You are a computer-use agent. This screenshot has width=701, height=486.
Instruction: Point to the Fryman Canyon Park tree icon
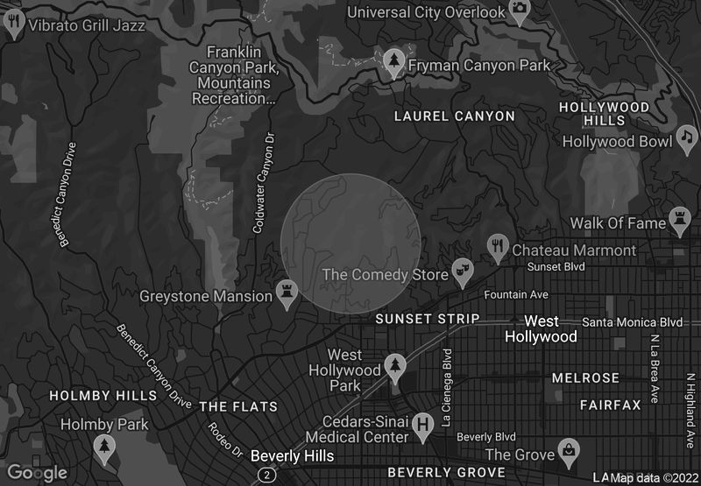(x=395, y=61)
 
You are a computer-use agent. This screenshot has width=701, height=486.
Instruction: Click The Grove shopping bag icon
(x=570, y=451)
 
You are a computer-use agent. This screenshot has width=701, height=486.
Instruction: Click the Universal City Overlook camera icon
(x=520, y=11)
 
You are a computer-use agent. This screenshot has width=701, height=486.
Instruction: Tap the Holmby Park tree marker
(x=104, y=447)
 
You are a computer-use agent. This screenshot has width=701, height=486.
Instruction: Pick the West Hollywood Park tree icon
(x=396, y=365)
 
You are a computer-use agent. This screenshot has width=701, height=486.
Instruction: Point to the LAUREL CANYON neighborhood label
(x=454, y=116)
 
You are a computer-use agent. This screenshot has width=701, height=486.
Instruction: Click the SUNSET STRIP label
(x=427, y=319)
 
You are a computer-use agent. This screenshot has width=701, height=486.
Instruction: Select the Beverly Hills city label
(x=292, y=456)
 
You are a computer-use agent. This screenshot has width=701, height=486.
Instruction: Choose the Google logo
(x=38, y=473)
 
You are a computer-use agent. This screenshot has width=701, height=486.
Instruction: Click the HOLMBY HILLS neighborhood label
(x=103, y=396)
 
